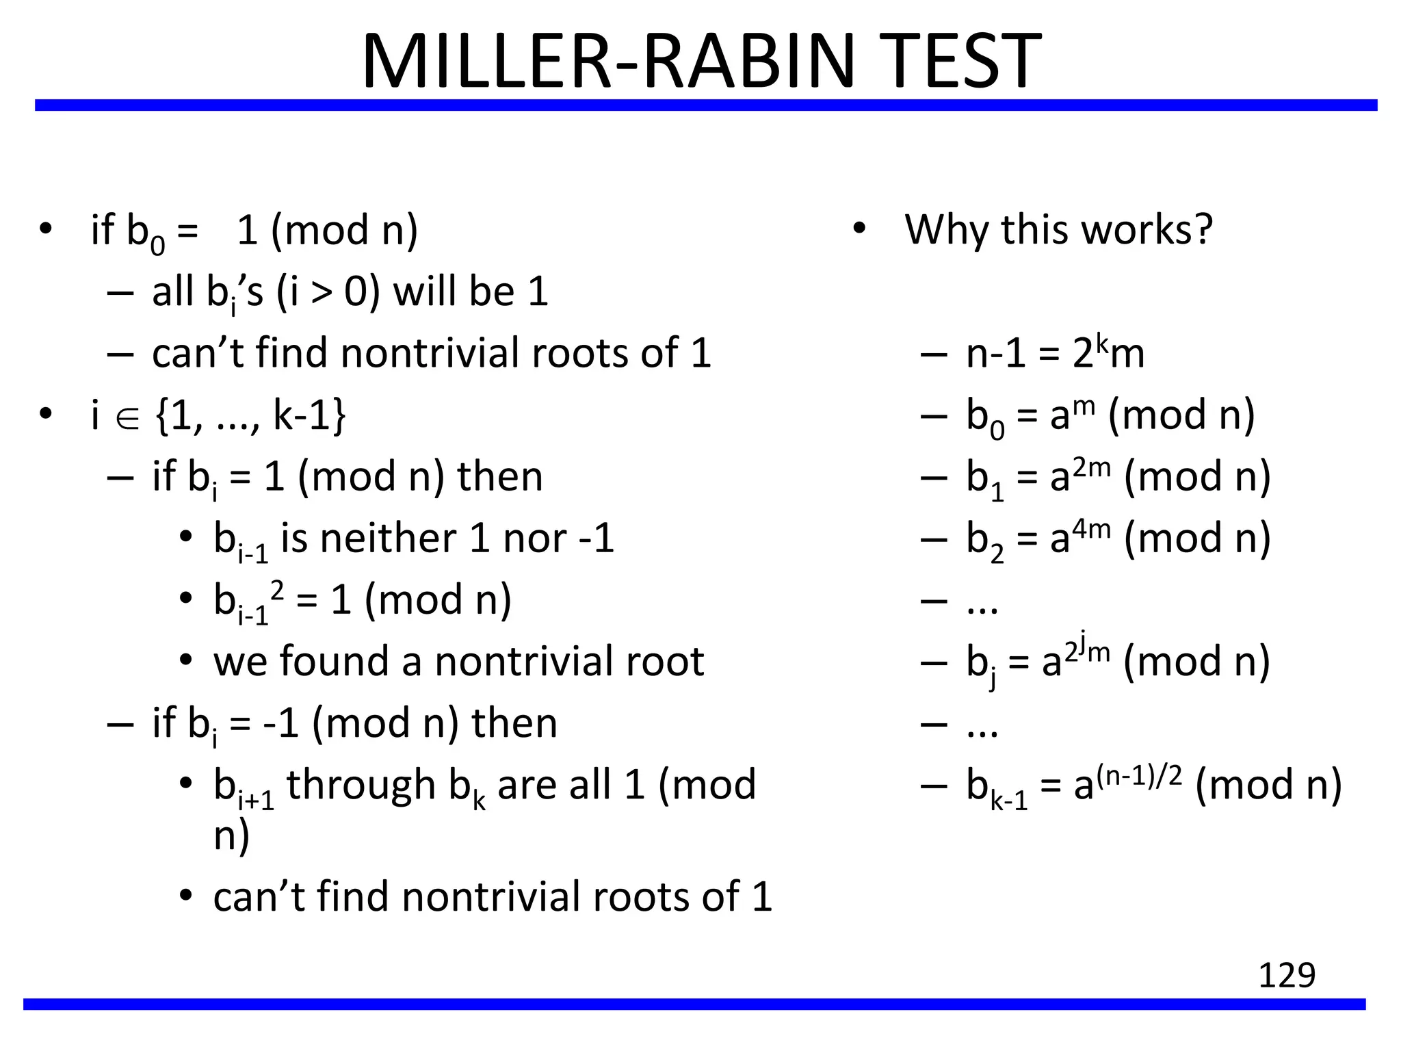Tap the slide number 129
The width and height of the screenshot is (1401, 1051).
click(1287, 975)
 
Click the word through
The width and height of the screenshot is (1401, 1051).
click(361, 785)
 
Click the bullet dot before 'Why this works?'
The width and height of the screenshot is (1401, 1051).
click(859, 229)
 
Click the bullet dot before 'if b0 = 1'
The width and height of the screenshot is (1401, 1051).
click(46, 229)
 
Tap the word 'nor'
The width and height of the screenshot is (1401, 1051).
click(535, 539)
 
